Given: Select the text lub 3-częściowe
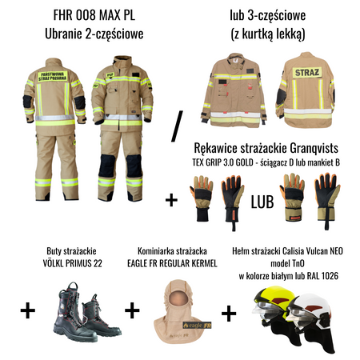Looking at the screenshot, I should pyautogui.click(x=269, y=15).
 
